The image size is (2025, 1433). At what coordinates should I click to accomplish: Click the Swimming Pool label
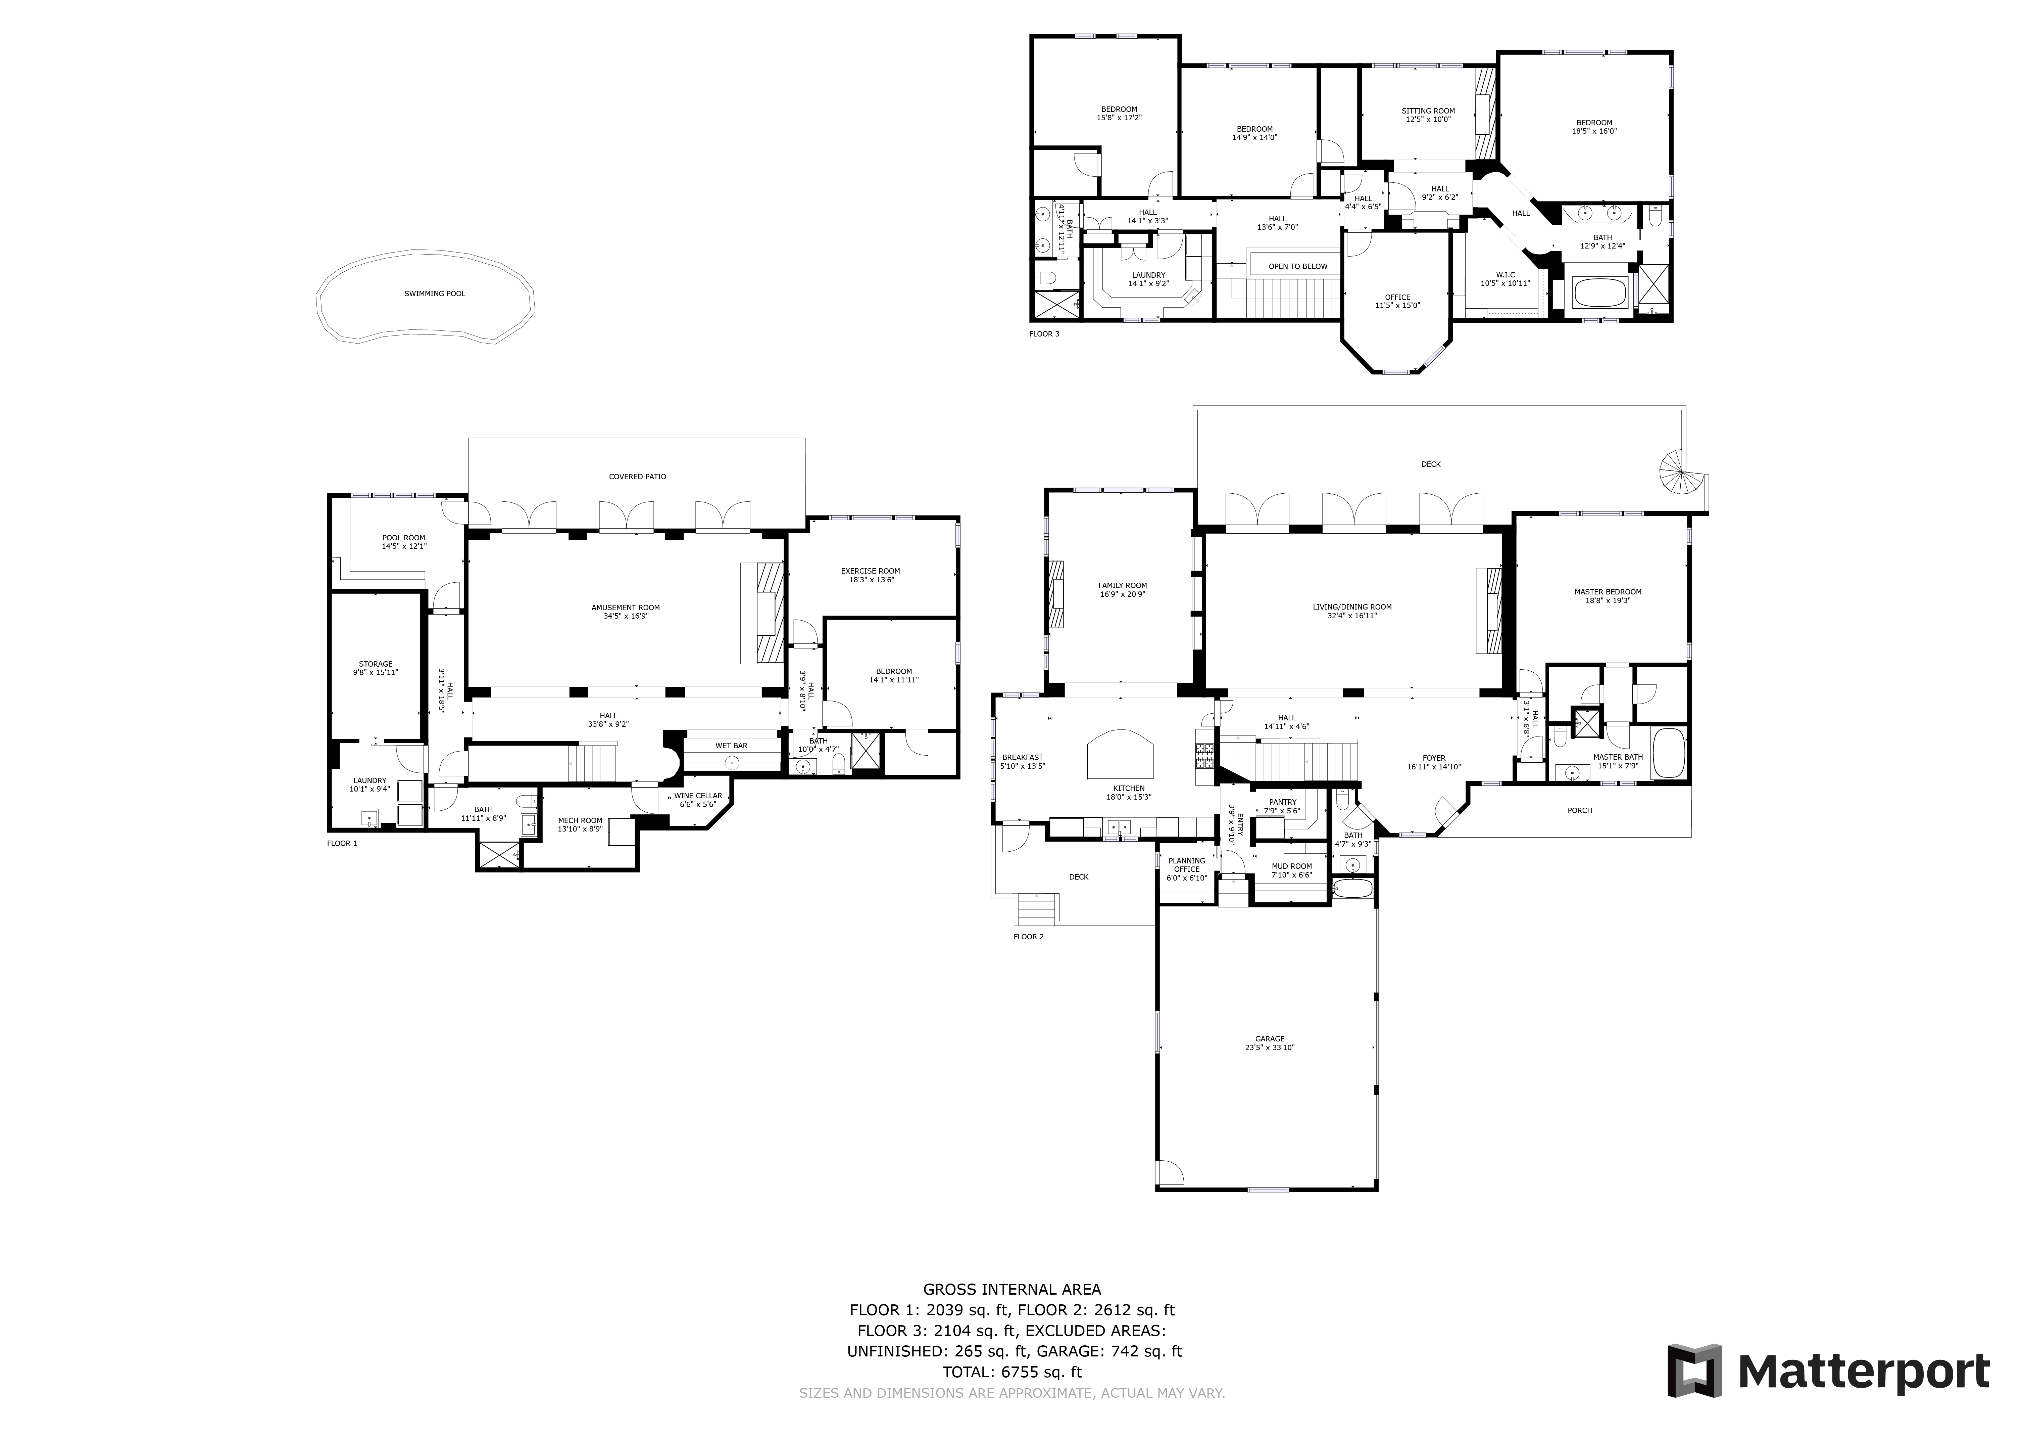(x=435, y=294)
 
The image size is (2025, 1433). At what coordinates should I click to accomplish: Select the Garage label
(x=1270, y=1039)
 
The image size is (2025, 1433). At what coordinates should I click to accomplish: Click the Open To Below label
(x=1297, y=266)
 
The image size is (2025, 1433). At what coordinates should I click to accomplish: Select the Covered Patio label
(x=637, y=477)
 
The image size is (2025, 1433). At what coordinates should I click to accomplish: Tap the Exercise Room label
(x=870, y=571)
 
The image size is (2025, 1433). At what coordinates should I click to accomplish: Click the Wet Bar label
(x=731, y=746)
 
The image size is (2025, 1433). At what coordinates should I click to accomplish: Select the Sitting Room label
(x=1428, y=111)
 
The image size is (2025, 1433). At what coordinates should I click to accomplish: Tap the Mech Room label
(x=580, y=821)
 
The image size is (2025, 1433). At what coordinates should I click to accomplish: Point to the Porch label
(x=1580, y=810)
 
